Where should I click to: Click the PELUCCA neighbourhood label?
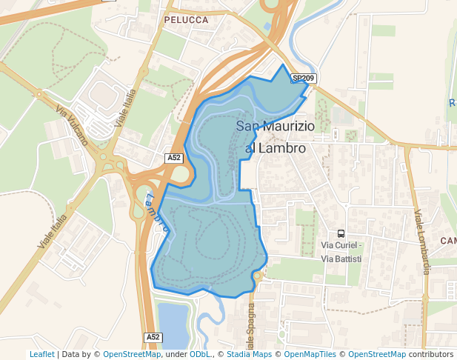(x=187, y=20)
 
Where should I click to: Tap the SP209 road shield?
(x=303, y=78)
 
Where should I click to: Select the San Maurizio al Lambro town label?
(x=275, y=137)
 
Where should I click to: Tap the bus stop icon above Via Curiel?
(x=341, y=233)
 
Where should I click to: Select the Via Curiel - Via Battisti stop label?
(x=341, y=252)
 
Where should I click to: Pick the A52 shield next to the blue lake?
(x=153, y=337)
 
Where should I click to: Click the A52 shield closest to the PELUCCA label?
(x=173, y=158)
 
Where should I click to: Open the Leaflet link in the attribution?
(x=41, y=354)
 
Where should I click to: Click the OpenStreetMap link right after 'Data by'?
(x=132, y=354)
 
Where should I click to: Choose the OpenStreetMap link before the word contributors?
(x=377, y=354)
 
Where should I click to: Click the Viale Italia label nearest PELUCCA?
(x=125, y=108)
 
